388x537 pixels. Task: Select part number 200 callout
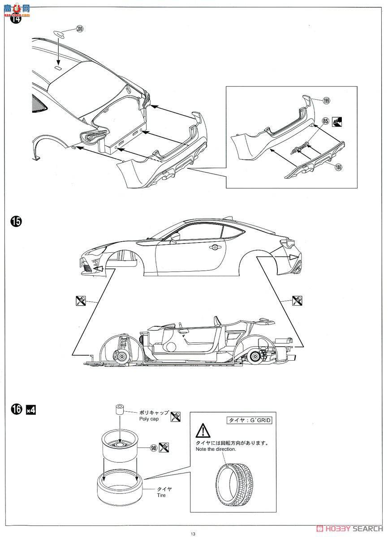click(80, 29)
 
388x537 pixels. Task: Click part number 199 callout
click(326, 101)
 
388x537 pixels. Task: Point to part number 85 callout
click(325, 120)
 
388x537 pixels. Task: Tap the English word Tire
click(162, 495)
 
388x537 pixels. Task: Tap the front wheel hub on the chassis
click(122, 356)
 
